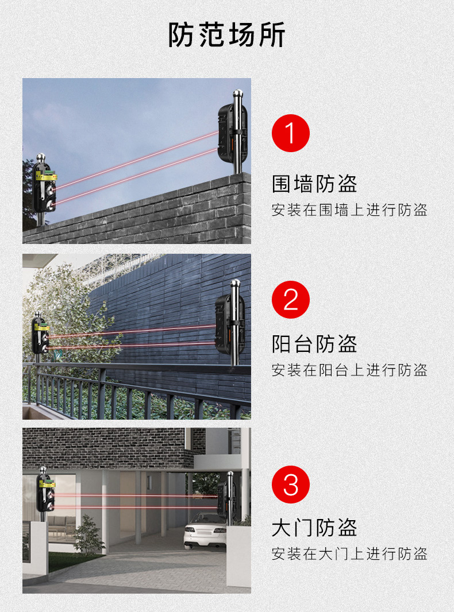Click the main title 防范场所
pyautogui.click(x=226, y=35)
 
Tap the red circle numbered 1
pyautogui.click(x=291, y=133)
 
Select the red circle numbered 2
pyautogui.click(x=291, y=300)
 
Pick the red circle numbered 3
pyautogui.click(x=291, y=485)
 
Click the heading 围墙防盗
pyautogui.click(x=314, y=184)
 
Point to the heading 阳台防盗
pyautogui.click(x=314, y=344)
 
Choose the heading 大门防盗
pyautogui.click(x=314, y=528)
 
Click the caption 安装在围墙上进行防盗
pyautogui.click(x=349, y=210)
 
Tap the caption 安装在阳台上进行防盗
pyautogui.click(x=349, y=370)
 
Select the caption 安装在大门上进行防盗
pyautogui.click(x=349, y=553)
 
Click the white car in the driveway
pyautogui.click(x=205, y=530)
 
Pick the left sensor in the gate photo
pyautogui.click(x=45, y=493)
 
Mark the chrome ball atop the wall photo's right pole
pyautogui.click(x=237, y=94)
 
